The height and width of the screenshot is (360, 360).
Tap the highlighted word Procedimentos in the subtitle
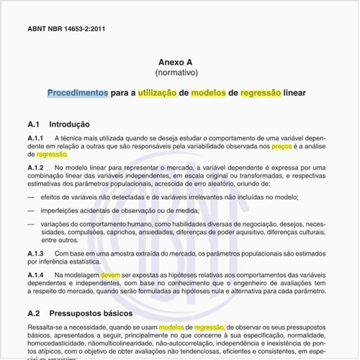click(78, 94)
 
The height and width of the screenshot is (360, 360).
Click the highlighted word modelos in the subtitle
click(208, 94)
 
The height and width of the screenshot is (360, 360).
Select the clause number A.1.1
click(36, 138)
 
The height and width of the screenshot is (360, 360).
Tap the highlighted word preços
click(281, 146)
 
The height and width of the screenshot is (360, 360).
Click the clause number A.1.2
click(36, 168)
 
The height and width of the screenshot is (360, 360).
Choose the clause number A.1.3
click(36, 253)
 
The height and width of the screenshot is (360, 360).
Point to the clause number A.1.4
click(36, 275)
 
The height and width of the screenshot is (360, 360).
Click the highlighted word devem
click(110, 275)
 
